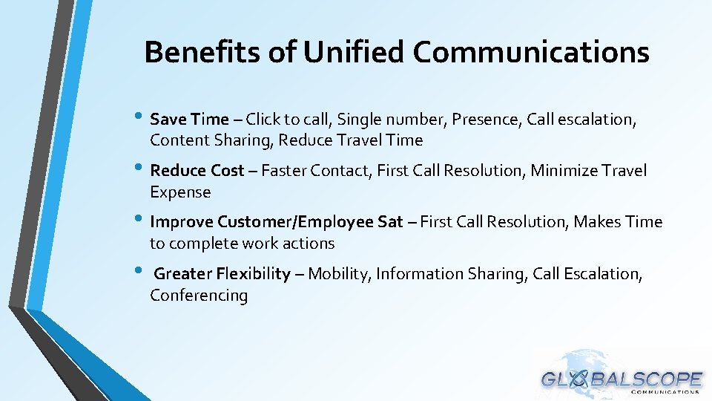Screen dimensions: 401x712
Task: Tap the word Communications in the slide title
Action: coord(531,53)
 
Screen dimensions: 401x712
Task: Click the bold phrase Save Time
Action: coord(189,119)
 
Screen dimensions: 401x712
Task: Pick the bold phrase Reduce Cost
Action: coord(197,171)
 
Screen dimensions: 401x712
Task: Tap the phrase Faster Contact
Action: coord(314,171)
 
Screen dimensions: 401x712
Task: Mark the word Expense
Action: coord(180,192)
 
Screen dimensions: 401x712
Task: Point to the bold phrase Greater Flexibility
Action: coord(222,274)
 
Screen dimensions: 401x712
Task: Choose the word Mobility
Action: coord(337,274)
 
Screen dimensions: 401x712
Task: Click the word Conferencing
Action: coord(199,296)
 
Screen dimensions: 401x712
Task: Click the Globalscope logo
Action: coord(622,376)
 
